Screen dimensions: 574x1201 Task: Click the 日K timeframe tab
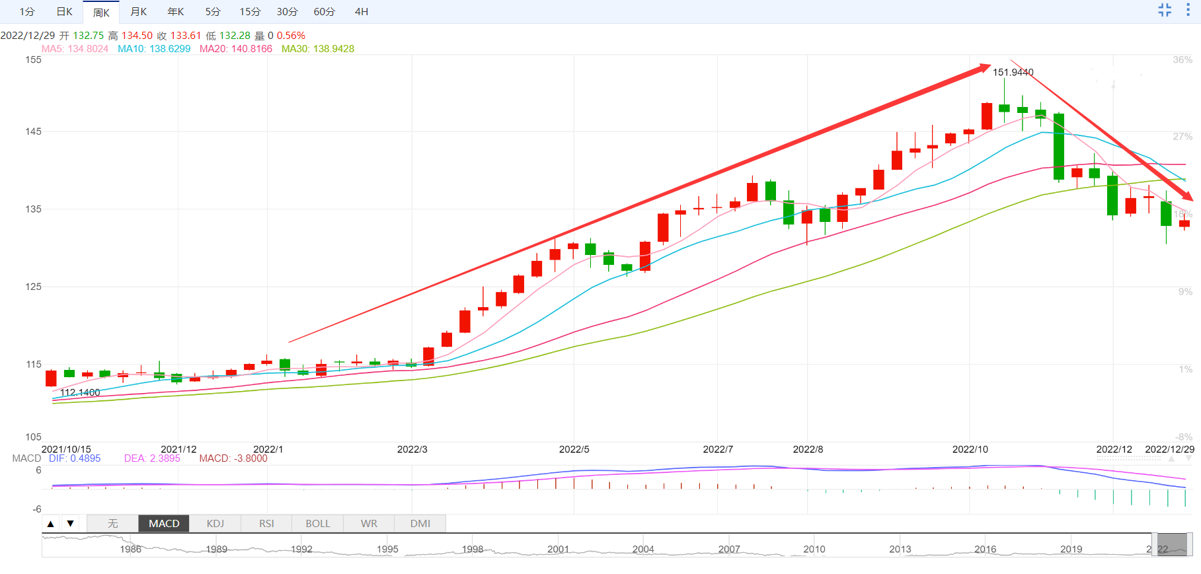click(64, 12)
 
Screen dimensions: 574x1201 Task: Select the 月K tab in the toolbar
click(138, 12)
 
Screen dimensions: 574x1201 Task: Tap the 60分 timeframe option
click(324, 12)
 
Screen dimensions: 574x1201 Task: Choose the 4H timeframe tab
click(362, 12)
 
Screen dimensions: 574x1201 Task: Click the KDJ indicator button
click(215, 524)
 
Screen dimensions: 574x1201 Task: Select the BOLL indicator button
click(317, 524)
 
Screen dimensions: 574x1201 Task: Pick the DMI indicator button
click(420, 524)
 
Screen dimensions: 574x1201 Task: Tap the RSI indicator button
click(266, 524)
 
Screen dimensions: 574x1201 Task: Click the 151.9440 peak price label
click(1013, 73)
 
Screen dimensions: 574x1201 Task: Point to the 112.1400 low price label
click(80, 392)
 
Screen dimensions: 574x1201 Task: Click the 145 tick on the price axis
click(33, 131)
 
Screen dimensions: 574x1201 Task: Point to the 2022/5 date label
click(574, 449)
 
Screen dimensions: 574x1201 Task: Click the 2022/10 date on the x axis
click(970, 449)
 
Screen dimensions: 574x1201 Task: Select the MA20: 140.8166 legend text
click(236, 49)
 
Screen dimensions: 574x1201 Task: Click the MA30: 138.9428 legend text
click(318, 49)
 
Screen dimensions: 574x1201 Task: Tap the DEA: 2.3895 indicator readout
click(152, 458)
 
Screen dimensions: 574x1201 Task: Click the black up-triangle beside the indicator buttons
click(51, 524)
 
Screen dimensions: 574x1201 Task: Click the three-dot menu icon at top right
click(1188, 10)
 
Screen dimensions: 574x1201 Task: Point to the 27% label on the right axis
click(1182, 137)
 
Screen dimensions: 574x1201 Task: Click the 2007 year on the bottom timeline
click(729, 549)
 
